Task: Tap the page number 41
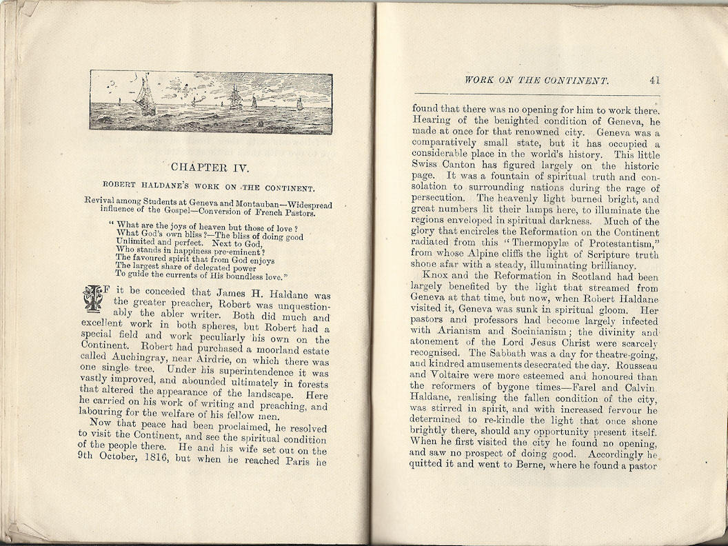[655, 80]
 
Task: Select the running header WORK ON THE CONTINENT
[536, 81]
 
